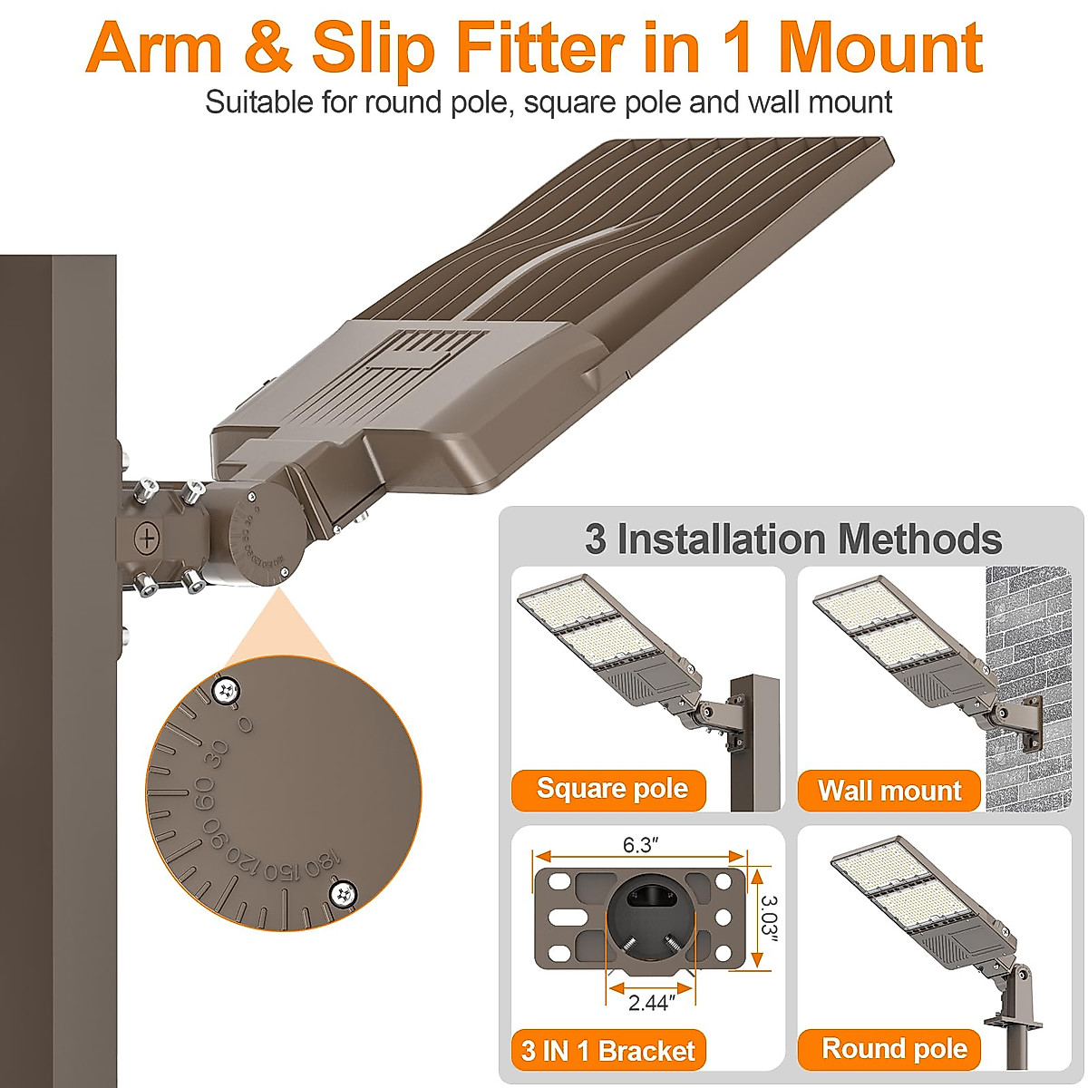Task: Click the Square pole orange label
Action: (x=612, y=789)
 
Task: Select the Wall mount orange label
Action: (x=889, y=791)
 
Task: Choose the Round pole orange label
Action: (x=894, y=1049)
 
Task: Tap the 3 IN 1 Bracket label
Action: (x=608, y=1051)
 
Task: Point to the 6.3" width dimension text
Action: (x=640, y=846)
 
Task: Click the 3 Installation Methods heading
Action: (x=793, y=539)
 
